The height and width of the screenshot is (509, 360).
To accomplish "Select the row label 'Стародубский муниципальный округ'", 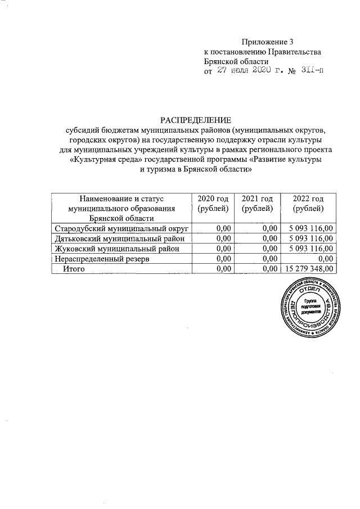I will click(x=120, y=228).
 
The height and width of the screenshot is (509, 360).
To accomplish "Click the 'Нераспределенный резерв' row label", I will click(x=101, y=259).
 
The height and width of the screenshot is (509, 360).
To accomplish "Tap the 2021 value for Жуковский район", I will click(x=270, y=249).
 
